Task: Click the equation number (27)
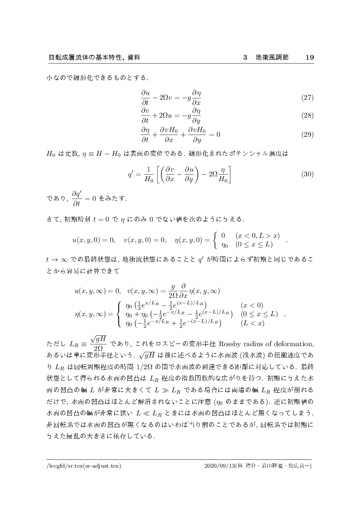click(x=308, y=98)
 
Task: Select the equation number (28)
click(x=308, y=116)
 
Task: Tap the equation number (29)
click(x=308, y=134)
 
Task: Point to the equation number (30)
click(x=308, y=174)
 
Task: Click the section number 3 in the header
click(x=245, y=57)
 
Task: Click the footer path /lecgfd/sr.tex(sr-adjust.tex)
click(x=84, y=466)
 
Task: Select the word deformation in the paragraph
click(x=295, y=346)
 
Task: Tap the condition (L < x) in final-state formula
click(x=252, y=323)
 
